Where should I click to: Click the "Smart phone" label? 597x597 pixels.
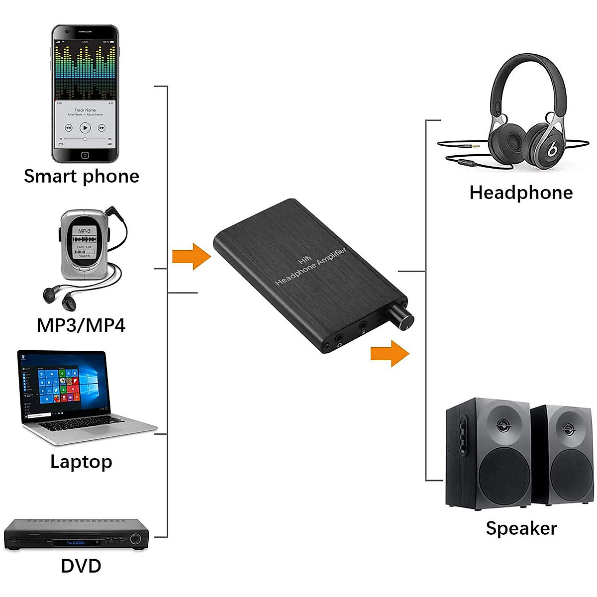point(82,176)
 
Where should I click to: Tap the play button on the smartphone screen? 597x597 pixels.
point(85,128)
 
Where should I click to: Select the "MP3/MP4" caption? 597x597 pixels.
point(81,325)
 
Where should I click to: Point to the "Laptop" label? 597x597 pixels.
point(81,462)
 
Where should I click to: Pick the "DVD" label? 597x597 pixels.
point(81,566)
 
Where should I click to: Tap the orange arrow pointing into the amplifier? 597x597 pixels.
point(192,256)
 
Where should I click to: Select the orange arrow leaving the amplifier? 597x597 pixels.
point(390,353)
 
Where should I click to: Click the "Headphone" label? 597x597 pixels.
point(521,193)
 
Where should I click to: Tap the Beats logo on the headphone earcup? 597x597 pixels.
point(552,149)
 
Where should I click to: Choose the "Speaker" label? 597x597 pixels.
point(521,528)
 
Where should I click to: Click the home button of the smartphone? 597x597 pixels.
point(85,155)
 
